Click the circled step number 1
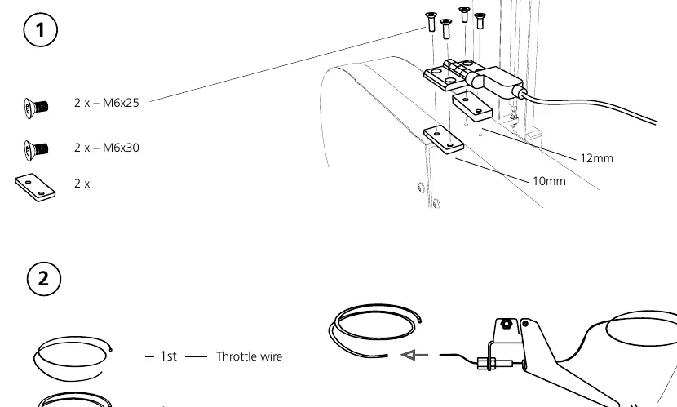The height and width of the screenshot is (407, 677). coord(40,30)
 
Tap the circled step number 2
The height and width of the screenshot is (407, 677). coord(43,279)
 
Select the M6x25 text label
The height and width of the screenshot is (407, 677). coord(121,103)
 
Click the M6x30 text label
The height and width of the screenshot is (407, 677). coord(121,148)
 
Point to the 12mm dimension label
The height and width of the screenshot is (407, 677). coord(597,158)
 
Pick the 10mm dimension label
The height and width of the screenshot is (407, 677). coord(549,181)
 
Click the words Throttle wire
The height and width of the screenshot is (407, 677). coord(249,356)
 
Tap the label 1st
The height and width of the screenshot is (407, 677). coord(168,356)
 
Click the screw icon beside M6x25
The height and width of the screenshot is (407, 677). coord(36,108)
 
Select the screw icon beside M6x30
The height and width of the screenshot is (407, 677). coord(36,151)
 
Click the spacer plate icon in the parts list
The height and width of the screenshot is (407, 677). coord(35,188)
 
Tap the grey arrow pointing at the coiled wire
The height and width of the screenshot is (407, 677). coord(414,355)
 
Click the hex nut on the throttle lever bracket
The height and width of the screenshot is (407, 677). coord(506,323)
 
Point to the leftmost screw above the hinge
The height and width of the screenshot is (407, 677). coord(431,21)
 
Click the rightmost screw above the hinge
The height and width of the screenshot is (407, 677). coord(480,21)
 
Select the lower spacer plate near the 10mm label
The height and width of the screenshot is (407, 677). coord(444,139)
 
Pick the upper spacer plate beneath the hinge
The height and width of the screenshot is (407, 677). coord(472,106)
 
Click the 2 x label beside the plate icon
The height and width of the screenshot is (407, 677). coord(82,184)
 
